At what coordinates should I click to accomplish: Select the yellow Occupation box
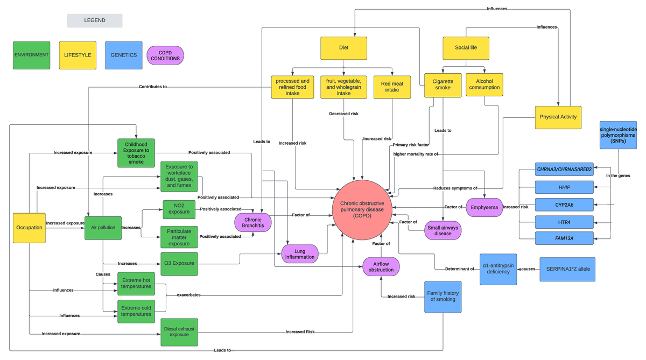pyautogui.click(x=29, y=227)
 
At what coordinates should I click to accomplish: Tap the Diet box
pyautogui.click(x=343, y=48)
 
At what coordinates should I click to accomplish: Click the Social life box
pyautogui.click(x=466, y=48)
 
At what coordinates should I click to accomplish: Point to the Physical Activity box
pyautogui.click(x=558, y=117)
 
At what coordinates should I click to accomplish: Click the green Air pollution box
pyautogui.click(x=102, y=227)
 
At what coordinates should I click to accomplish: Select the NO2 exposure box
pyautogui.click(x=179, y=209)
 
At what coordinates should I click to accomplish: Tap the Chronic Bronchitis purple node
pyautogui.click(x=252, y=222)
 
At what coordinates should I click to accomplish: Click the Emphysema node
pyautogui.click(x=484, y=207)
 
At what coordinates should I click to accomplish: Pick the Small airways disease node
pyautogui.click(x=443, y=230)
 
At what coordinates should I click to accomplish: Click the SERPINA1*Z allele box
pyautogui.click(x=567, y=269)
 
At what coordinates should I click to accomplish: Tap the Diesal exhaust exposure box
pyautogui.click(x=179, y=331)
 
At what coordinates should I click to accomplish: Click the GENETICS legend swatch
pyautogui.click(x=124, y=55)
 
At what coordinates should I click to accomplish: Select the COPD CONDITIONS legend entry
pyautogui.click(x=165, y=55)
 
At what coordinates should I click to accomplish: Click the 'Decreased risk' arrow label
pyautogui.click(x=343, y=114)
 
